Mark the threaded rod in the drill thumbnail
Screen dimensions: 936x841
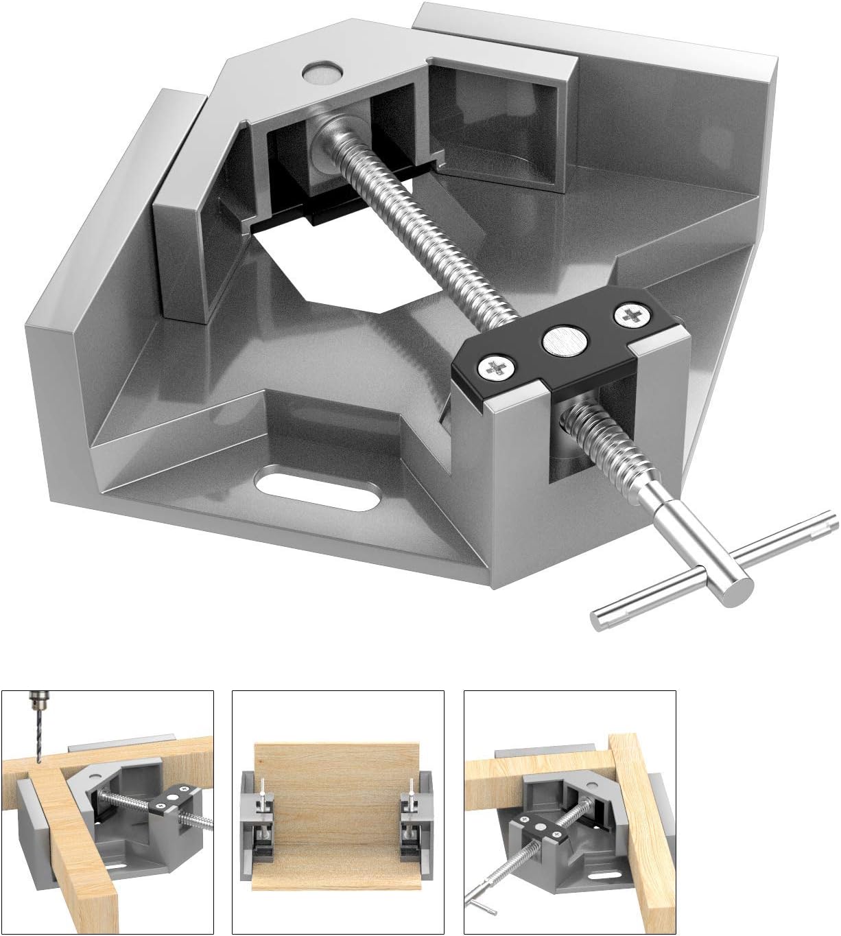coord(127,797)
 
